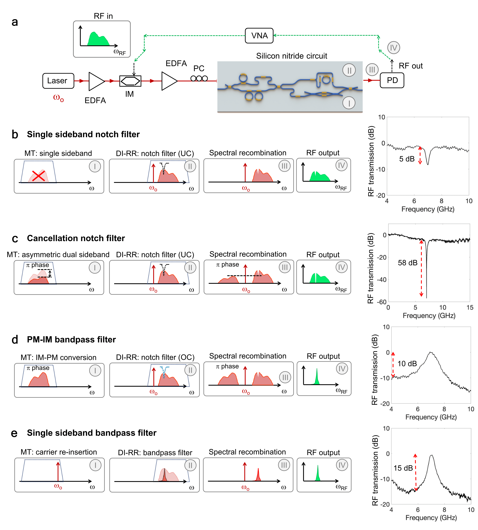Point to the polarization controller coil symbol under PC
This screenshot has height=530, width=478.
199,78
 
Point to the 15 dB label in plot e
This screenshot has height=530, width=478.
403,468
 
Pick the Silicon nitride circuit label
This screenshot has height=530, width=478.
292,56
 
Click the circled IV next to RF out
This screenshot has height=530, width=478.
393,48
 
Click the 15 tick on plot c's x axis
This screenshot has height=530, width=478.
470,307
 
